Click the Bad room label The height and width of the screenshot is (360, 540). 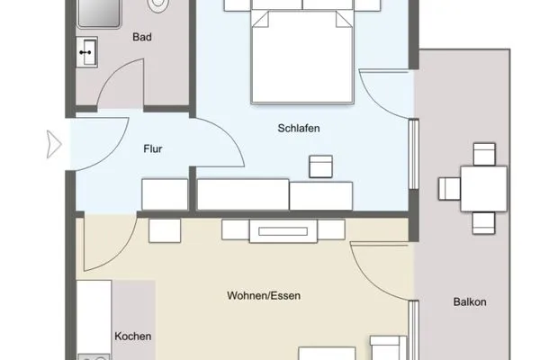tap(140, 38)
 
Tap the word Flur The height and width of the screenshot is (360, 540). tap(153, 149)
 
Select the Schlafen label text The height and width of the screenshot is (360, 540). tap(299, 129)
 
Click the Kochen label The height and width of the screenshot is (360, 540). tap(132, 336)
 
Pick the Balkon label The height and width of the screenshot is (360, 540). tap(470, 302)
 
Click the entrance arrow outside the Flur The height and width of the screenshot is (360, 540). tap(53, 142)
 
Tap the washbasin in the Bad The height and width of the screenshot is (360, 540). tap(87, 53)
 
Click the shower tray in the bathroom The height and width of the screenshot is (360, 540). tap(98, 14)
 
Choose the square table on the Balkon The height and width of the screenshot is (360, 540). tap(483, 188)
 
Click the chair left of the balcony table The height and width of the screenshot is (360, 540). tap(448, 189)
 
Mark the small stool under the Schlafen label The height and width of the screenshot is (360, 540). tap(320, 166)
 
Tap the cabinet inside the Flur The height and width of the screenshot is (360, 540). tap(165, 194)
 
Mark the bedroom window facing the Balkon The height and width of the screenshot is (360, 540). tap(414, 148)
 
